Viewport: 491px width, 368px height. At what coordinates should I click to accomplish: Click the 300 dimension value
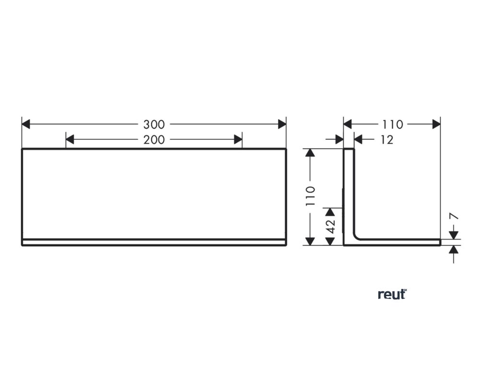point(154,125)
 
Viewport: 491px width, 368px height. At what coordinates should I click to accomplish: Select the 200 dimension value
point(154,140)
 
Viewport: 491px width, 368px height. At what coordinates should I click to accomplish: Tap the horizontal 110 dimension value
point(393,125)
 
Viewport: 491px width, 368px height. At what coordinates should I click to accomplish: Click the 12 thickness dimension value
point(387,140)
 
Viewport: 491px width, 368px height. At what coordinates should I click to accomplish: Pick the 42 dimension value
point(330,226)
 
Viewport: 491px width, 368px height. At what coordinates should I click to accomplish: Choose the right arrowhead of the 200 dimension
point(238,140)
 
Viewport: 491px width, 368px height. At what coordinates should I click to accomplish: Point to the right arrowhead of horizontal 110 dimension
point(436,125)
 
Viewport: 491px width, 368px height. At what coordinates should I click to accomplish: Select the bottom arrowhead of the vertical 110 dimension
point(311,241)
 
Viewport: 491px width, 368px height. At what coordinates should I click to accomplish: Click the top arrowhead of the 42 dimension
point(330,212)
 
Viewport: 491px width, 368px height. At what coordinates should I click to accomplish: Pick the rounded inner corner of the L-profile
point(357,235)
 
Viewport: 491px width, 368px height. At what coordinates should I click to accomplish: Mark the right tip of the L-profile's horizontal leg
point(440,242)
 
